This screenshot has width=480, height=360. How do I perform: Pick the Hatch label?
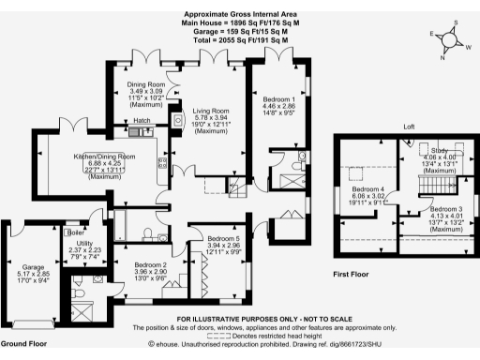point(142,121)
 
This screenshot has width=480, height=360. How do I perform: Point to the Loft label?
point(409,127)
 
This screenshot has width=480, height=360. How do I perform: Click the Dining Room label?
point(146,83)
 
